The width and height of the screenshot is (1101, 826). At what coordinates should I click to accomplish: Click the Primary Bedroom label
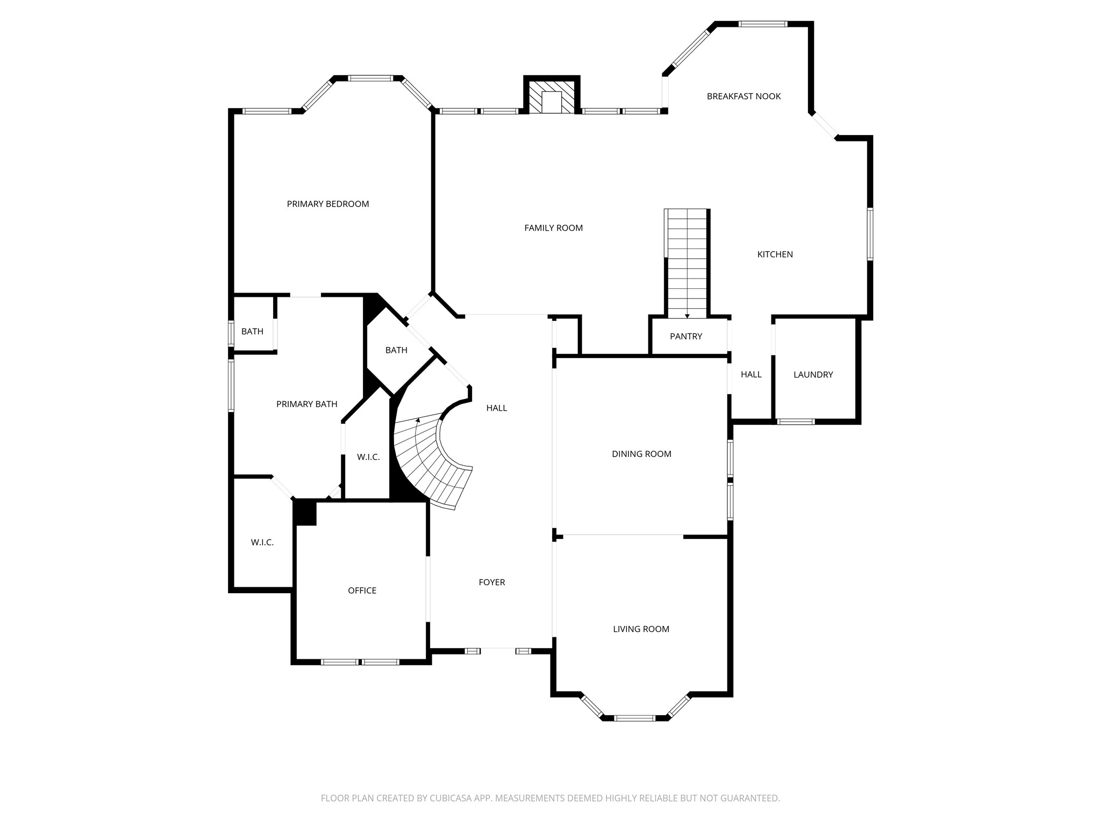327,204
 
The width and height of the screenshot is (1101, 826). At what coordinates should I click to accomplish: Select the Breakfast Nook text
743,96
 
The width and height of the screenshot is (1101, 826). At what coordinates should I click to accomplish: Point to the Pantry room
686,336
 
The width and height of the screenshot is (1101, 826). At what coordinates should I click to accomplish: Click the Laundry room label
813,375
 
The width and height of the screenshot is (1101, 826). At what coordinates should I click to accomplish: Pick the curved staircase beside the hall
430,462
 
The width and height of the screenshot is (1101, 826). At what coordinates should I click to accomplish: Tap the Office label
362,590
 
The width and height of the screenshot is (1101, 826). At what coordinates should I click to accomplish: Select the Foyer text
491,582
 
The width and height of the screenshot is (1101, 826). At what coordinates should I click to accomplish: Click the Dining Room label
641,454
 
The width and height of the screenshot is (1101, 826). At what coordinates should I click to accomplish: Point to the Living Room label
641,629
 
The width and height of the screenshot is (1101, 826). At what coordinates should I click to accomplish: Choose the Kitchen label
775,254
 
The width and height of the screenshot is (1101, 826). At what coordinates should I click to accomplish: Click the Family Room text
553,228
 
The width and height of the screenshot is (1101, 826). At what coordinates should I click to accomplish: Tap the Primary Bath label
306,404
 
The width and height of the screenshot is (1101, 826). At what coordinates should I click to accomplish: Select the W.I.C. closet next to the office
262,543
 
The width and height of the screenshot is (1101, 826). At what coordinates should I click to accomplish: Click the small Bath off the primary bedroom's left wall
252,331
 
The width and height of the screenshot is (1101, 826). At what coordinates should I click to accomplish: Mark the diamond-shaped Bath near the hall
396,350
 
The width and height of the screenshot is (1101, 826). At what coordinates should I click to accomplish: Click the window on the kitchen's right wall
869,234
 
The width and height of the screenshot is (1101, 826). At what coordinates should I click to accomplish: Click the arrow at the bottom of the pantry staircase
687,316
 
